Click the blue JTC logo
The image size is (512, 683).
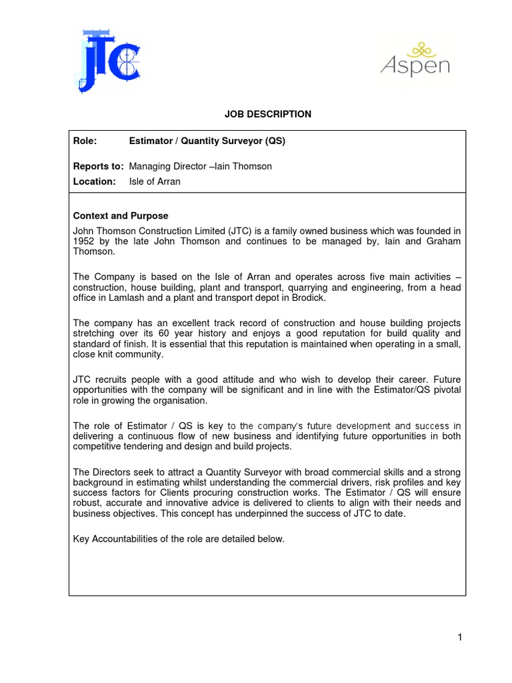click(111, 61)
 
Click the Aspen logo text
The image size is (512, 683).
click(415, 66)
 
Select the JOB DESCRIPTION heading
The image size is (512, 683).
click(267, 114)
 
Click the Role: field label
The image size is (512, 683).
click(85, 141)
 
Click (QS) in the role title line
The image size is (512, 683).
click(275, 141)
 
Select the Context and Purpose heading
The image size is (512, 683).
click(120, 216)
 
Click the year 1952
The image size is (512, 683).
click(84, 241)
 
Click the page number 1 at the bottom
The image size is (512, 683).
click(460, 637)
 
